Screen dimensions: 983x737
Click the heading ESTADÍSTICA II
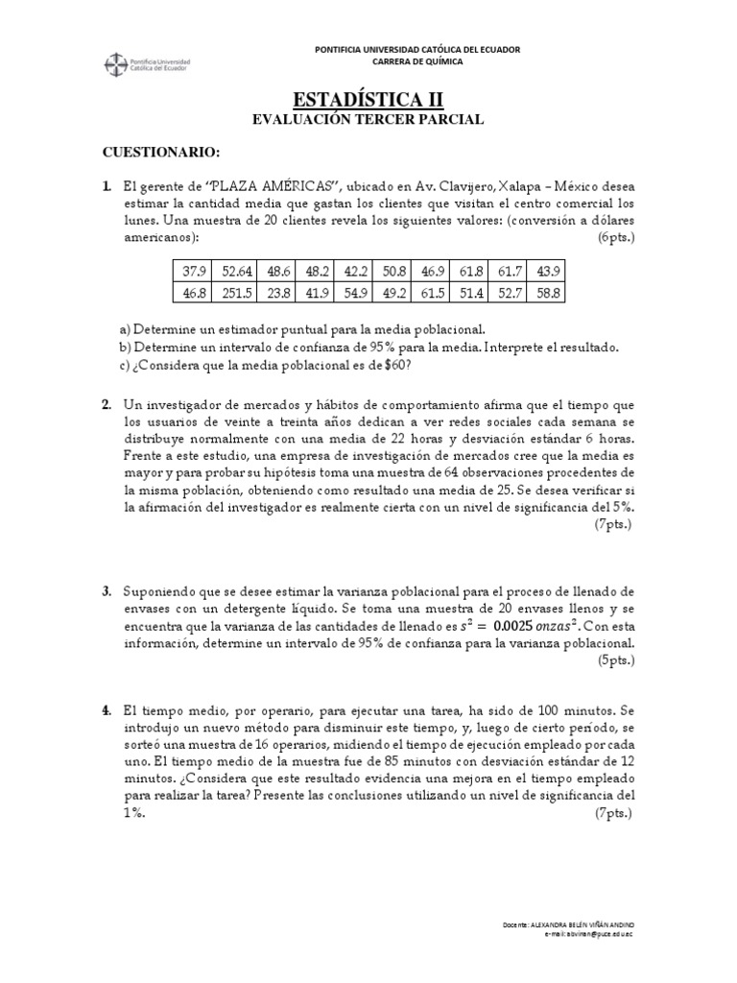click(x=368, y=100)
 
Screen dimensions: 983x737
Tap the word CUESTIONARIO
click(x=161, y=154)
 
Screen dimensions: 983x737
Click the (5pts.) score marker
click(x=614, y=660)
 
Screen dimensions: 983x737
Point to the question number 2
click(x=107, y=405)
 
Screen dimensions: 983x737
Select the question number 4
click(x=107, y=710)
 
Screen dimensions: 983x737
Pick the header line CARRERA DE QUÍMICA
click(x=403, y=61)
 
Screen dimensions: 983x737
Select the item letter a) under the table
click(x=125, y=328)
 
